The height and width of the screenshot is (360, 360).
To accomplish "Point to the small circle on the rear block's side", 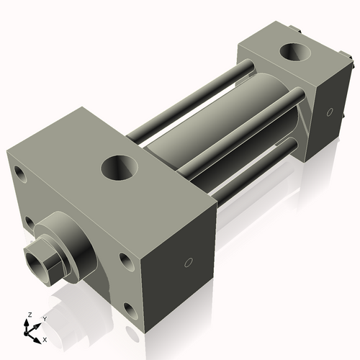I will [330, 112].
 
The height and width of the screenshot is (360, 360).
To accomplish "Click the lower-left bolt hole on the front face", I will [30, 222].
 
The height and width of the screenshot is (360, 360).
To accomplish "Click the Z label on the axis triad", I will [30, 315].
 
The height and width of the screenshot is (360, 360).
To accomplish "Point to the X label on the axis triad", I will [45, 338].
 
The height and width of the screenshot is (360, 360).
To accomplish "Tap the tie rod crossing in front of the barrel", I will [238, 133].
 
